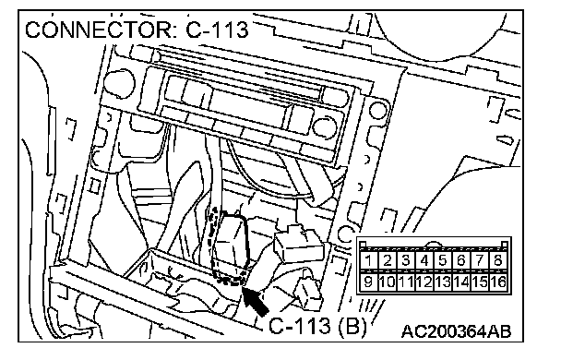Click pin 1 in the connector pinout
(368, 260)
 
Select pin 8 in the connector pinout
(498, 260)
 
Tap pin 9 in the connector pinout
(368, 282)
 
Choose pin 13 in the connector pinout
(443, 282)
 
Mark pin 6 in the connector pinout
(461, 260)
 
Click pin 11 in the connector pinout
(405, 282)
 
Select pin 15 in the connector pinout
(480, 282)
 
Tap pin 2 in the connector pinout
(387, 260)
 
